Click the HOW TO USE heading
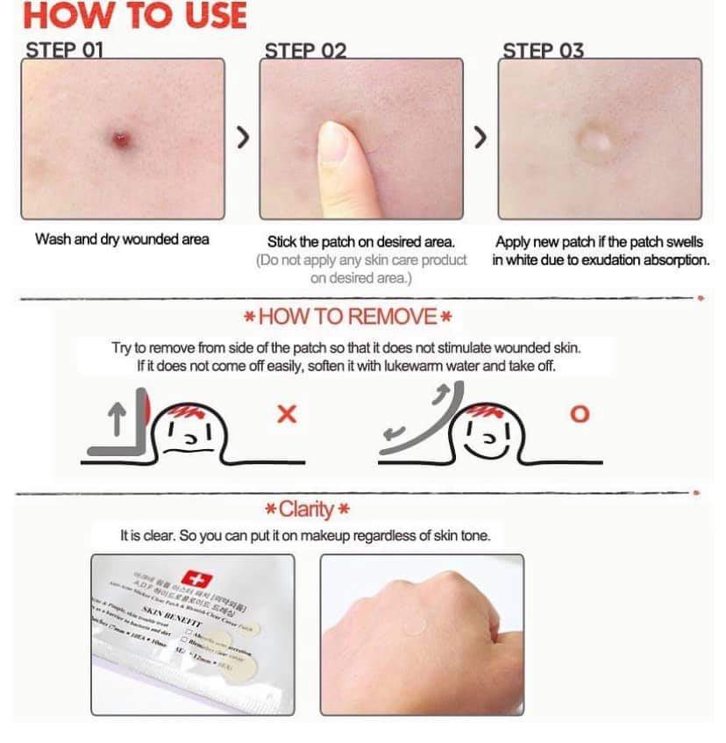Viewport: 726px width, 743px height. coord(134,16)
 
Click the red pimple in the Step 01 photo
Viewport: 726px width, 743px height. coord(120,138)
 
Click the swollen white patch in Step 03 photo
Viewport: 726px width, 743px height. coord(596,139)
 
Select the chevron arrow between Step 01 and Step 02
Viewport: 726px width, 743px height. coord(244,139)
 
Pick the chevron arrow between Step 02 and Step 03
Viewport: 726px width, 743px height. coord(480,139)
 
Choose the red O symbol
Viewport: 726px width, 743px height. coord(580,414)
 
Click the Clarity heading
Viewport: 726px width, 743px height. coord(308,509)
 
